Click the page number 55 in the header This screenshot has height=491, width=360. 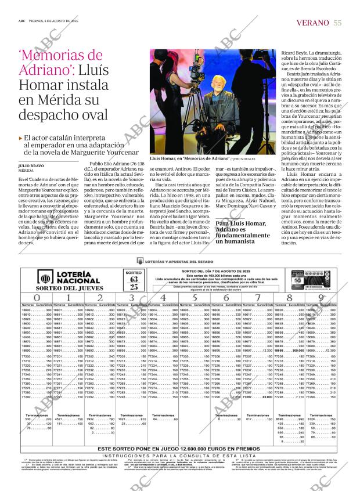337,23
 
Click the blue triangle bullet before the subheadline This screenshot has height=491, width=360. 20,138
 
